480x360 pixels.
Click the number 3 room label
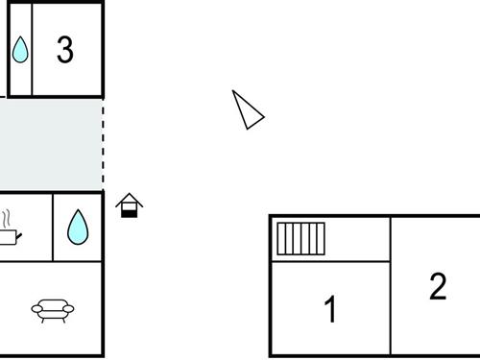pos(64,50)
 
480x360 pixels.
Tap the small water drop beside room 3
pos(20,50)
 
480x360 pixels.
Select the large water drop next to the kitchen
pos(78,228)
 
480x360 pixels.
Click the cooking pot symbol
pos(8,235)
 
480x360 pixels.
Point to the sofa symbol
pos(52,309)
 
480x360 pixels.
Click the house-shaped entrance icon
pos(130,205)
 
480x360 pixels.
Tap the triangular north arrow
pos(248,110)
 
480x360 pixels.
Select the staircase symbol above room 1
pos(301,238)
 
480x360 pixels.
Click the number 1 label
pos(330,310)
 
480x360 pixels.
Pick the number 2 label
pos(438,286)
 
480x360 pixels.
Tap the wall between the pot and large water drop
pos(53,228)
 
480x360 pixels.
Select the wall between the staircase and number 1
pos(330,261)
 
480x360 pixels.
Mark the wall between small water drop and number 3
pos(33,50)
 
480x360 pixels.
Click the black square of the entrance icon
pos(130,210)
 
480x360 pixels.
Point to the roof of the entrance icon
pos(130,199)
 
